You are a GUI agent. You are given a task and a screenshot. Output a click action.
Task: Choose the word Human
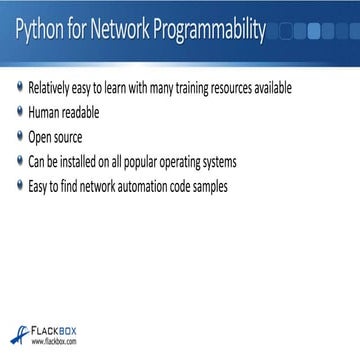[x=44, y=112]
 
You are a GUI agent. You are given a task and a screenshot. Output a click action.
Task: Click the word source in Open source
[x=70, y=136]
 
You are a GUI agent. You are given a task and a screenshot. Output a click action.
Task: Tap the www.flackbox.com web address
[x=54, y=346]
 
